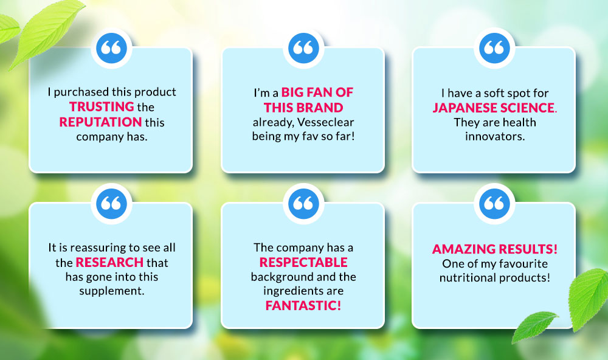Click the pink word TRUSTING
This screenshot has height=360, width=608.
tap(102, 106)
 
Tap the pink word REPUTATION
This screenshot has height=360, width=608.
tap(100, 122)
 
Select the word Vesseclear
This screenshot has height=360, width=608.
tap(326, 122)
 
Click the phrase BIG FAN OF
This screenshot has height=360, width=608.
tap(317, 92)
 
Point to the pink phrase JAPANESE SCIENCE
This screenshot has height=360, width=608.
tap(494, 108)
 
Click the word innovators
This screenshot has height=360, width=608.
tap(495, 137)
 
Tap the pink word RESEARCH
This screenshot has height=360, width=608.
tap(109, 263)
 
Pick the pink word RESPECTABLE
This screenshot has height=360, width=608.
tap(303, 263)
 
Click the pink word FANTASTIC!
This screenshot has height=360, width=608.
tap(303, 306)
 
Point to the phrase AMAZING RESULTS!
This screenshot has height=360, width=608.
tap(495, 249)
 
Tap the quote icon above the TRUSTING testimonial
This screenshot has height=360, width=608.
tap(111, 48)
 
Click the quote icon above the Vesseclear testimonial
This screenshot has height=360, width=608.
tap(303, 48)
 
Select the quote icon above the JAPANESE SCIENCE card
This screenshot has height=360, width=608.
tap(494, 48)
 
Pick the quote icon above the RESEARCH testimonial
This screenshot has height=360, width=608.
tap(111, 204)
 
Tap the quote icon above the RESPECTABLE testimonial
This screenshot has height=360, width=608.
tap(303, 204)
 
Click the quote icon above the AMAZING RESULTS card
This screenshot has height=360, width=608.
tap(494, 204)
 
